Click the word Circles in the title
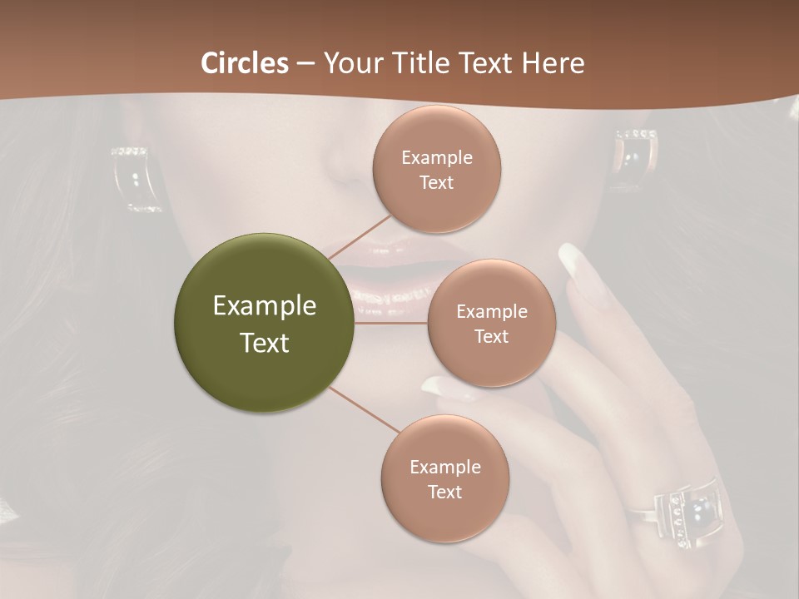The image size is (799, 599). coord(244,63)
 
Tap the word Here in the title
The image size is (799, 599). coord(553,63)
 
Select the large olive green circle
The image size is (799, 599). coord(264,322)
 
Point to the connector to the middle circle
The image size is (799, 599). coord(391,323)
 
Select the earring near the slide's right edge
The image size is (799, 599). coord(636,157)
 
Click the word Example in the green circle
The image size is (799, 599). coord(264,306)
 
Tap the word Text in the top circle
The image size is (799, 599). coord(436,183)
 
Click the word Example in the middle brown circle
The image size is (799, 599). coord(491,312)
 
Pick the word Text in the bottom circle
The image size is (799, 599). coord(444,493)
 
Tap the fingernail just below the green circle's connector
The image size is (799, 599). coord(439,387)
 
